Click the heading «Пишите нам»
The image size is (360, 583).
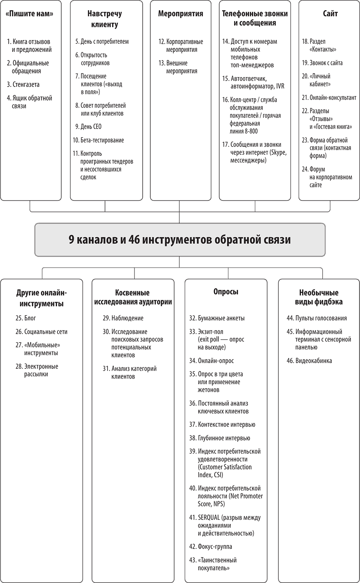(29, 13)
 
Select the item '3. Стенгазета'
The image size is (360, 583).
(23, 84)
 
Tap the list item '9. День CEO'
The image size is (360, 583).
(89, 127)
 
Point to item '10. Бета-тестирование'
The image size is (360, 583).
(98, 140)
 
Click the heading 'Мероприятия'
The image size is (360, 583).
(181, 13)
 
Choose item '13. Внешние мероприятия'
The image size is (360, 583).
(178, 67)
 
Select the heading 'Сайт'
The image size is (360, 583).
(330, 13)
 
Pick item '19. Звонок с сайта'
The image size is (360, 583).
(322, 63)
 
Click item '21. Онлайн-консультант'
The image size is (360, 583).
(329, 98)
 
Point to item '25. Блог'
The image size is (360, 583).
(26, 318)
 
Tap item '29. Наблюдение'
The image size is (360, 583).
(123, 318)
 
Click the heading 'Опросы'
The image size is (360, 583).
(226, 292)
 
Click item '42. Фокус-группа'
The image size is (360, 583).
(211, 546)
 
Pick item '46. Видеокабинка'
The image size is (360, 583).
(309, 361)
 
